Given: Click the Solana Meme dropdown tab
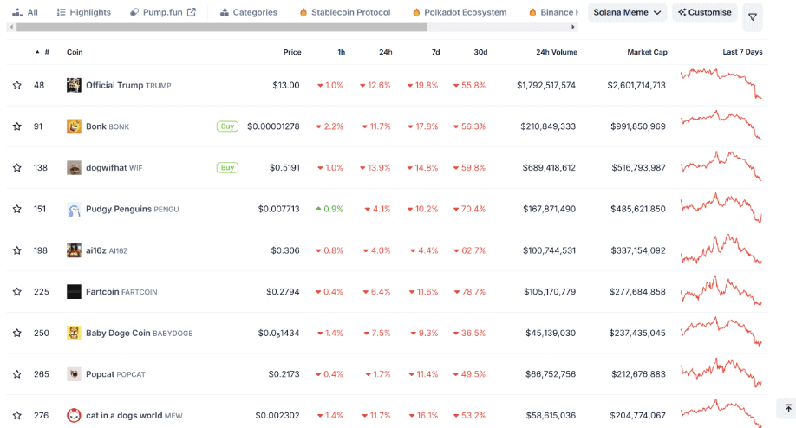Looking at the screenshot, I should click(628, 12).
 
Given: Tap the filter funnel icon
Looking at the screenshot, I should click(753, 16).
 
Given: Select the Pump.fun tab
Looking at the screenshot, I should click(162, 12).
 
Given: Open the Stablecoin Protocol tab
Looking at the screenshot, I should click(344, 12).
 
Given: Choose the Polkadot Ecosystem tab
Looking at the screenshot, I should click(459, 12).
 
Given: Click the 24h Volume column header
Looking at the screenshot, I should click(545, 52).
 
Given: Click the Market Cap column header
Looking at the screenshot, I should click(647, 52).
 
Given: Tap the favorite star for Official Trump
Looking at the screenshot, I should click(16, 85).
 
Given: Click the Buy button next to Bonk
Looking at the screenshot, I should click(227, 126).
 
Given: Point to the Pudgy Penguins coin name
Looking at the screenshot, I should click(119, 209).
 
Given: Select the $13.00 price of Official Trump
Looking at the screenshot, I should click(285, 85).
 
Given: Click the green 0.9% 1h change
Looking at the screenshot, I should click(329, 209).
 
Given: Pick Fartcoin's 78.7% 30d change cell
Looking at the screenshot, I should click(468, 291).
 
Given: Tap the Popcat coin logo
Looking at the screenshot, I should click(74, 374).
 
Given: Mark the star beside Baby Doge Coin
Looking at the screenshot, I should click(16, 333).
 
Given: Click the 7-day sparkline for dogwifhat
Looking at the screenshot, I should click(721, 166).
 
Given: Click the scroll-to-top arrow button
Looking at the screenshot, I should click(788, 407).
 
